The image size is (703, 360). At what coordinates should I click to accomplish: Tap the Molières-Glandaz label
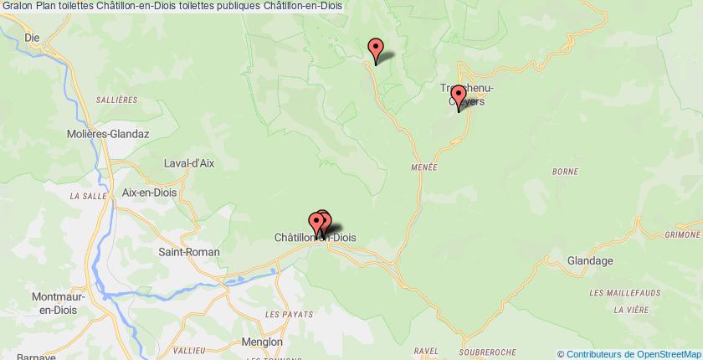[x=102, y=134]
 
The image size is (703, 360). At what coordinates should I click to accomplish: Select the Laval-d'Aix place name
[x=189, y=164]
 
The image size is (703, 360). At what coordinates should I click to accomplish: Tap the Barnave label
[x=23, y=355]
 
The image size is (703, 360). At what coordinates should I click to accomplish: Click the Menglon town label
[x=263, y=342]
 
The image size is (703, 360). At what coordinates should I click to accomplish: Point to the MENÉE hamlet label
[x=424, y=167]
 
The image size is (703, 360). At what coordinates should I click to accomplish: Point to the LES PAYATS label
[x=288, y=314]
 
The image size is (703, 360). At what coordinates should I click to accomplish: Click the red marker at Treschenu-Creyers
[x=459, y=98]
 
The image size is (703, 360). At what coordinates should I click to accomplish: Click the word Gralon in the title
[x=18, y=6]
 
